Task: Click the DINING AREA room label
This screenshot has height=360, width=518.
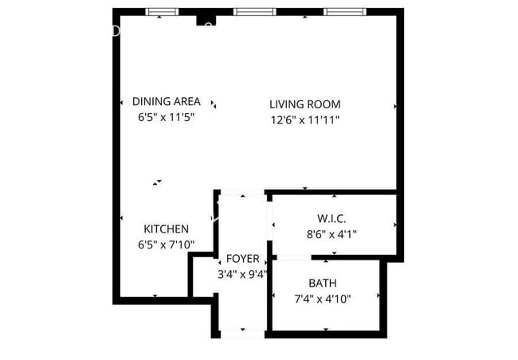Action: point(167,101)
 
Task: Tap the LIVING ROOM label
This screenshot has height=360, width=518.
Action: point(305,104)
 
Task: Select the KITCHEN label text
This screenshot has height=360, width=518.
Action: point(167,229)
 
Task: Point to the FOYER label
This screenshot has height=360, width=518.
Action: point(243,259)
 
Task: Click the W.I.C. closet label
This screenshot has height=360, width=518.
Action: point(332,219)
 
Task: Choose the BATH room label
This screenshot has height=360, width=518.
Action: point(323,283)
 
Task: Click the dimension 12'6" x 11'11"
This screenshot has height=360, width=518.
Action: point(305,120)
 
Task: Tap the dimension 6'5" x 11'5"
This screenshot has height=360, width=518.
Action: point(167,117)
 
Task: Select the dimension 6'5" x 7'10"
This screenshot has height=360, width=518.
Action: point(167,245)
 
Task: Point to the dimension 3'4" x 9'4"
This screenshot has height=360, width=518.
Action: point(243,274)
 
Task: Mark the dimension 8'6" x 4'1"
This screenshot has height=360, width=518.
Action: point(332,234)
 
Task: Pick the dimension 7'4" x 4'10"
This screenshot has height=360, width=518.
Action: point(323,299)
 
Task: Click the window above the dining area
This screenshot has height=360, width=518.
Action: point(163,12)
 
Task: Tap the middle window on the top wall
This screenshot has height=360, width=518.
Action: point(255,12)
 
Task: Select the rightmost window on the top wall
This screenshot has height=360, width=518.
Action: point(345,12)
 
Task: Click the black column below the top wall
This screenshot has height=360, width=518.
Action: point(206,21)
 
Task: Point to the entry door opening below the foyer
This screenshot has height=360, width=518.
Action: point(242,334)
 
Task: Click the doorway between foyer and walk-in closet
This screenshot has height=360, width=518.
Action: point(269,221)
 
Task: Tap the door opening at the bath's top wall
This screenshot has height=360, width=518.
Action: point(294,257)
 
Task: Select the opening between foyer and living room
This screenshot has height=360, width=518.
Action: point(242,192)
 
